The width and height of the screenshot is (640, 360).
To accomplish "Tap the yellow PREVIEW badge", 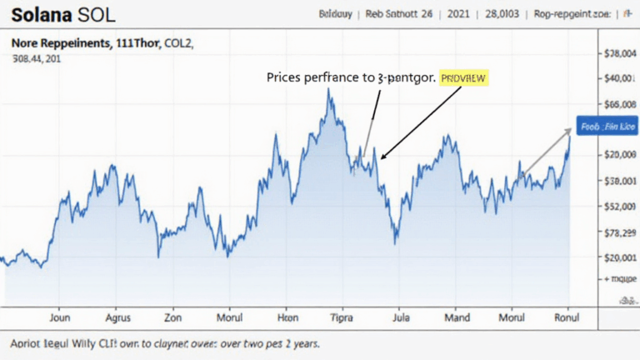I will tap(464, 77).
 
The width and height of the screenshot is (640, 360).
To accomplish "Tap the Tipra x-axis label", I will tap(342, 317).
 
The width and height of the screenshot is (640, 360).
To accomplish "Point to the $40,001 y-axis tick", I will tap(617, 78).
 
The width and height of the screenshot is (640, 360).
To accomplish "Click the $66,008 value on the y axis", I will tap(617, 104).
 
